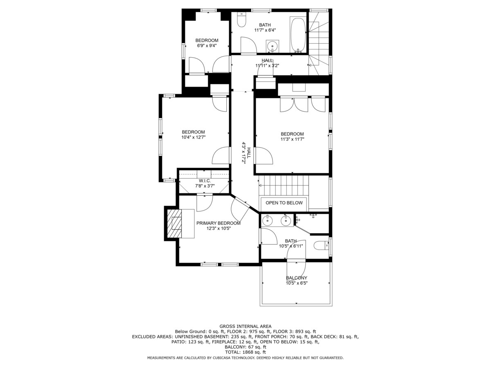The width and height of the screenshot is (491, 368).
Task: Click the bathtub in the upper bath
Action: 298,34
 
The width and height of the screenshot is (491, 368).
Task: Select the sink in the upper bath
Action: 273,46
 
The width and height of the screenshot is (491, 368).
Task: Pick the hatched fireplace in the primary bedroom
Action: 174,223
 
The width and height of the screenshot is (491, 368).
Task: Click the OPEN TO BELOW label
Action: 284,203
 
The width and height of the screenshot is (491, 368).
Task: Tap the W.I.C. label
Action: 205,181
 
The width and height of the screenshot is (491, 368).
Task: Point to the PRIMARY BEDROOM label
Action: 218,223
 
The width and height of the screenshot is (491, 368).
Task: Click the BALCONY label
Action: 297,278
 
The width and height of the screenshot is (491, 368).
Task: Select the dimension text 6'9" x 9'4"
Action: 207,46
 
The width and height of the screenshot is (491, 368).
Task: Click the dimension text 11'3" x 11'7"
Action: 293,139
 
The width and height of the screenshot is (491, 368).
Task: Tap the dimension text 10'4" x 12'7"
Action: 194,137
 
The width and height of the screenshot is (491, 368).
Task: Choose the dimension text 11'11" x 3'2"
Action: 267,66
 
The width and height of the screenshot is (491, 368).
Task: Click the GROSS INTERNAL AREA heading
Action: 245,326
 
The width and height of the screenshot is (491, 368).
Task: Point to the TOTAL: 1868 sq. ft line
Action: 245,352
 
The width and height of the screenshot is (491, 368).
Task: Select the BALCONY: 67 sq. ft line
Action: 245,347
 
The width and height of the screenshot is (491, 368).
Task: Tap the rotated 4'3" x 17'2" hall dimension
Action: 243,153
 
